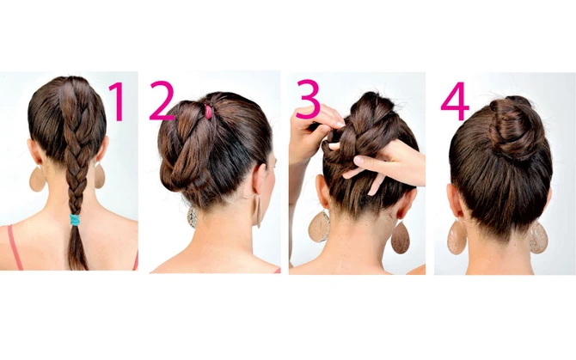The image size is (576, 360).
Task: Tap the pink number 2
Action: point(162,101)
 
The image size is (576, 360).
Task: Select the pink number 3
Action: point(308,99)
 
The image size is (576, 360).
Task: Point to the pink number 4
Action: point(455,101)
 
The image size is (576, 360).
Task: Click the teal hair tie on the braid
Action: point(76,220)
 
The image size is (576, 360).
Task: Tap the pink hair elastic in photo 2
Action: point(208,112)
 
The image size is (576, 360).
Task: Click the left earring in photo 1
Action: point(37,179)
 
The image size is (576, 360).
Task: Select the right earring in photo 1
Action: point(100,175)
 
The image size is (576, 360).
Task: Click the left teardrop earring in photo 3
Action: point(319,227)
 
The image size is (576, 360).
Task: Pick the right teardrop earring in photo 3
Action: point(400,237)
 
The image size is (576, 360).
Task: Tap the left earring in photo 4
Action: point(457,237)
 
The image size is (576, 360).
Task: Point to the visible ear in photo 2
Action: point(260,180)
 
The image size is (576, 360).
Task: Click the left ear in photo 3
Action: point(322,192)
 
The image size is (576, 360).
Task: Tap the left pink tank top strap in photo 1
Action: point(15,247)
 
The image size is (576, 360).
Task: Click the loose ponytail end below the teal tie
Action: point(77,248)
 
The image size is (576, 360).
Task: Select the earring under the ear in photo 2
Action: point(258,211)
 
